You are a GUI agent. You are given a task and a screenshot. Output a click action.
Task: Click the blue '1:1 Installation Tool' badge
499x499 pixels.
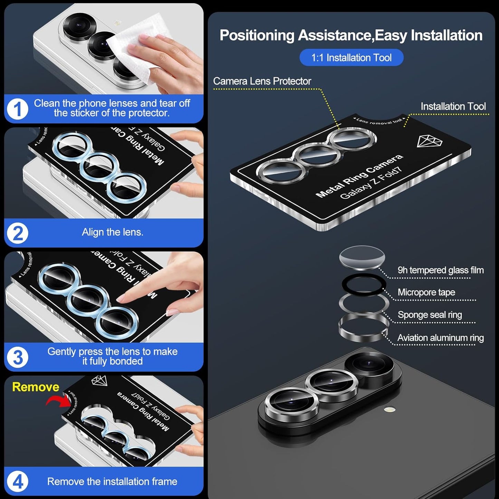pyautogui.click(x=351, y=58)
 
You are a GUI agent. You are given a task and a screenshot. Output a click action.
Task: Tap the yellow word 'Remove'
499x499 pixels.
pyautogui.click(x=36, y=387)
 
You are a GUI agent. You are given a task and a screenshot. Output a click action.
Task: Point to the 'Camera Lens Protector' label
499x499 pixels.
pyautogui.click(x=262, y=81)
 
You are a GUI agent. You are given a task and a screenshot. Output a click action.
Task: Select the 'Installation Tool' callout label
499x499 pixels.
pyautogui.click(x=453, y=106)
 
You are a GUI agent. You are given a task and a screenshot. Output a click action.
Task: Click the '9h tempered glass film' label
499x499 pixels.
pyautogui.click(x=440, y=270)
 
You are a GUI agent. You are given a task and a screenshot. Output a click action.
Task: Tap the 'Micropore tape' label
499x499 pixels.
pyautogui.click(x=426, y=292)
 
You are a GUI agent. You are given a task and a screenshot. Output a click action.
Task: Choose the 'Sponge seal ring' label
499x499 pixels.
pyautogui.click(x=430, y=315)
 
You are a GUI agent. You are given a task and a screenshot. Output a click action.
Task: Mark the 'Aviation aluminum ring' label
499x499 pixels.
pyautogui.click(x=440, y=338)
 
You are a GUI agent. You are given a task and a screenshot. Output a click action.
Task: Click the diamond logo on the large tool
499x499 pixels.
pyautogui.click(x=429, y=141)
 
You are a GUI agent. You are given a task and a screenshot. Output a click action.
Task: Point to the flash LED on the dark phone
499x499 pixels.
pyautogui.click(x=390, y=410)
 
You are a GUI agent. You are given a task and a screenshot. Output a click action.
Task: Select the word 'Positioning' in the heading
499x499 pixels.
pyautogui.click(x=257, y=36)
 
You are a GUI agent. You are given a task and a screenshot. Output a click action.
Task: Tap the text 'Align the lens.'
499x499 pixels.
pyautogui.click(x=112, y=232)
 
